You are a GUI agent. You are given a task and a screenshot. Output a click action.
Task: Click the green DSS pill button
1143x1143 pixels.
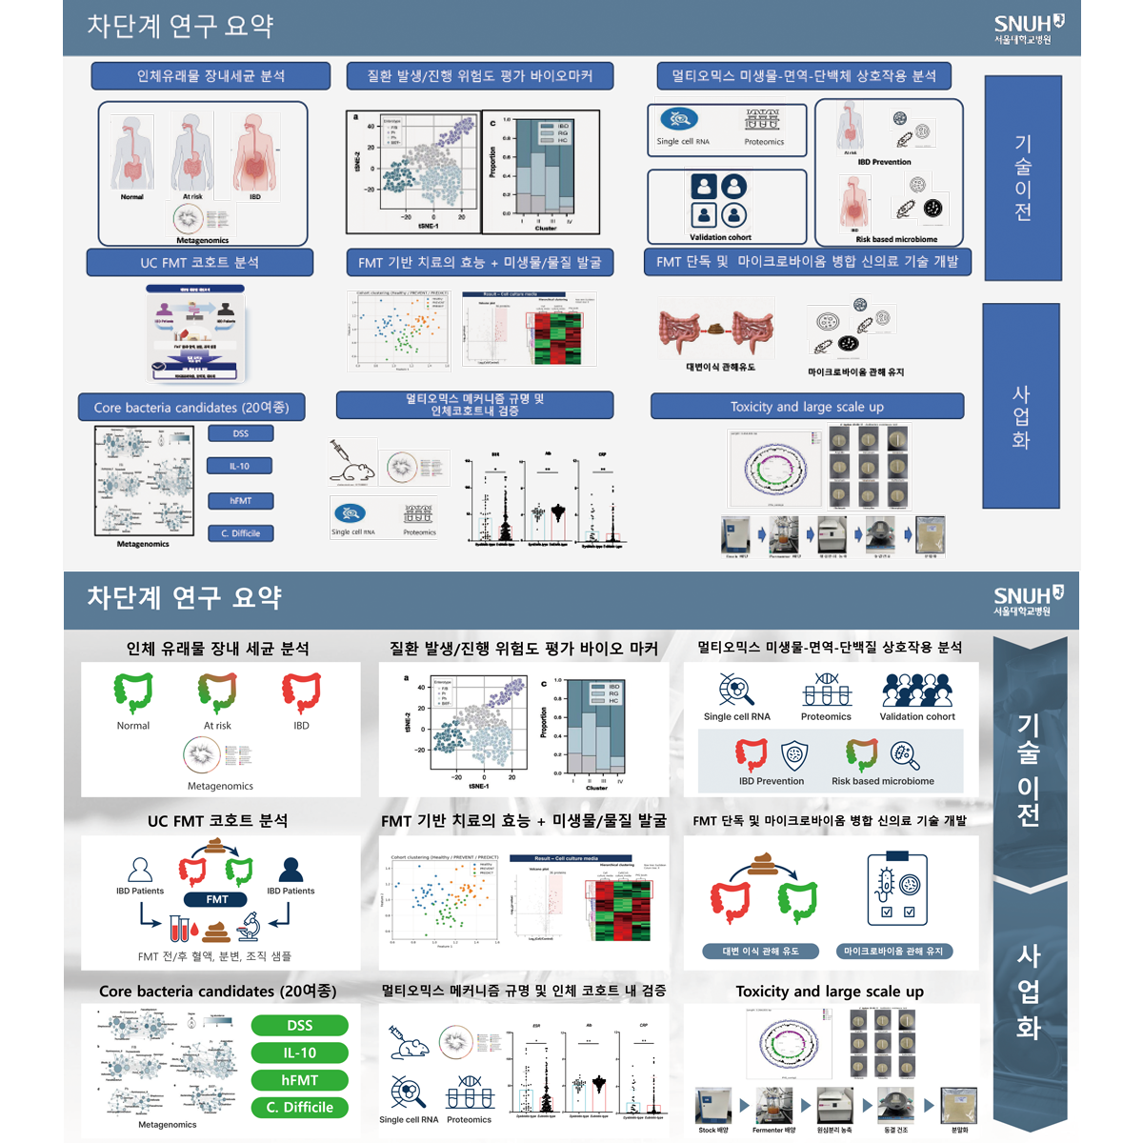(299, 1025)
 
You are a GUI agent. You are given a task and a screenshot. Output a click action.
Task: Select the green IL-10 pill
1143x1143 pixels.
(299, 1053)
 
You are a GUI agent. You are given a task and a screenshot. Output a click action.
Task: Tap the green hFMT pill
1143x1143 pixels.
(299, 1080)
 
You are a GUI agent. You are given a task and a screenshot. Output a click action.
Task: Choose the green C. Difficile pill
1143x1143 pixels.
(299, 1108)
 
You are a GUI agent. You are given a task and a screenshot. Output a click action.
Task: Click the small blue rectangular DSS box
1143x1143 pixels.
(240, 433)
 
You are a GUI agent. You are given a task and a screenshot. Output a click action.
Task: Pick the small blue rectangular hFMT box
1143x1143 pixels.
(240, 500)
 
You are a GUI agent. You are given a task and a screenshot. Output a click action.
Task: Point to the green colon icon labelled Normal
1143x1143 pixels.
(133, 692)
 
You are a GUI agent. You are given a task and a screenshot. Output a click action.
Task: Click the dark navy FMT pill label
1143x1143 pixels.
(217, 899)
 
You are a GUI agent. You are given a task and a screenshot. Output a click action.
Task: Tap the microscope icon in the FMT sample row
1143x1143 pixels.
(250, 924)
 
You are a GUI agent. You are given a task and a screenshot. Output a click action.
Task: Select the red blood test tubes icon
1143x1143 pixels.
(180, 928)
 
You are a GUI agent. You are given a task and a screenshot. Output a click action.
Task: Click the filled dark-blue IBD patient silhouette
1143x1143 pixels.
(291, 869)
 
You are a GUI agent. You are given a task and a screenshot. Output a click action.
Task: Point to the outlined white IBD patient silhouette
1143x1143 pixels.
(140, 869)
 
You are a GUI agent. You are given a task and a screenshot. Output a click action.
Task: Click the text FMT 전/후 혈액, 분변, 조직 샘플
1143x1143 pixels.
(214, 956)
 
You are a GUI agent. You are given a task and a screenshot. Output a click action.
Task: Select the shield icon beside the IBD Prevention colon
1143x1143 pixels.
(793, 756)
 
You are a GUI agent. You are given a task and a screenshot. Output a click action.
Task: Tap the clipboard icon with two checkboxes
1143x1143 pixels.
(896, 890)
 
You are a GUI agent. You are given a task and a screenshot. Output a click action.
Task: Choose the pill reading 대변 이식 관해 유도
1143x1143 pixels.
(760, 951)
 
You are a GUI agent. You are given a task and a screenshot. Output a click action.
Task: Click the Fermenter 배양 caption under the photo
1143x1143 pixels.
(773, 1131)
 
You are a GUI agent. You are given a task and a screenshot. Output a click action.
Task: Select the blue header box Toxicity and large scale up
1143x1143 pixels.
(807, 407)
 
